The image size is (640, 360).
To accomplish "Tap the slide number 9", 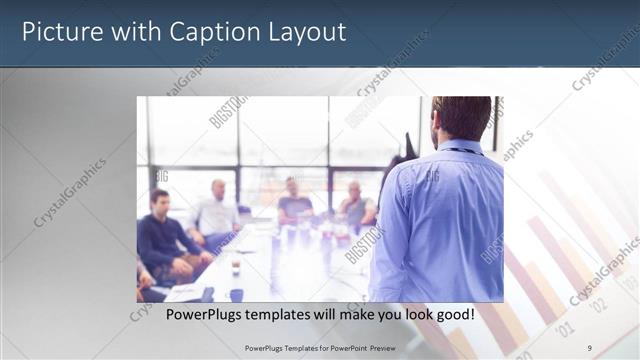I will point(590,347).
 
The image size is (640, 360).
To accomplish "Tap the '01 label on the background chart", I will point(565,327).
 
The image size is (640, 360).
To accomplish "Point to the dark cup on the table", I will point(236,294).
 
